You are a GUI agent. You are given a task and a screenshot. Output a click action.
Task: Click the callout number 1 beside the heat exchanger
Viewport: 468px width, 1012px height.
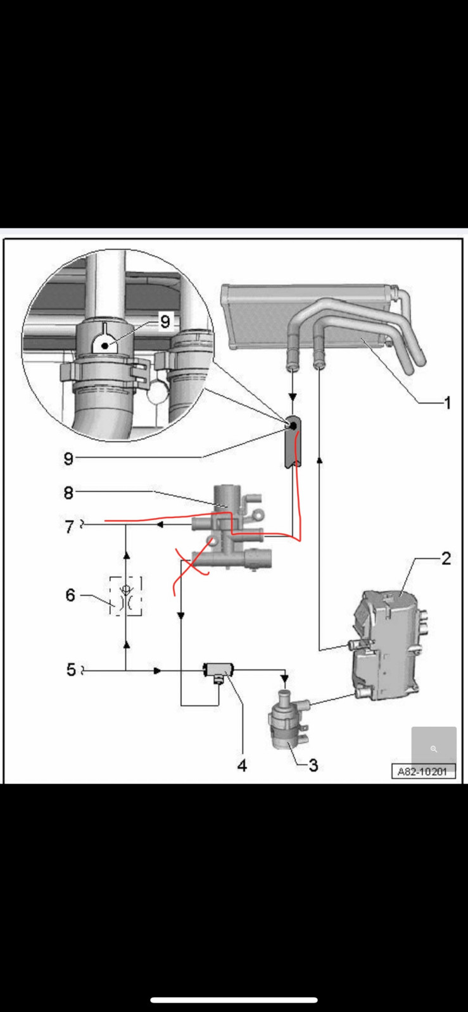[447, 402]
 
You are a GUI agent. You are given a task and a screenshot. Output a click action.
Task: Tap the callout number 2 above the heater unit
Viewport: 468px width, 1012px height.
[446, 558]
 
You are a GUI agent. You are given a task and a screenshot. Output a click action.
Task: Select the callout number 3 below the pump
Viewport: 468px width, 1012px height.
[313, 765]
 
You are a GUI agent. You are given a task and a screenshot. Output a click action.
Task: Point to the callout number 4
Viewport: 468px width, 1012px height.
[242, 765]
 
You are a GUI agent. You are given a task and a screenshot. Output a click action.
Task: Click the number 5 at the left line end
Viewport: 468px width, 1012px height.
[71, 670]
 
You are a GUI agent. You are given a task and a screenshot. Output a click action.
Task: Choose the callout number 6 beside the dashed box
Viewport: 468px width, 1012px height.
[70, 595]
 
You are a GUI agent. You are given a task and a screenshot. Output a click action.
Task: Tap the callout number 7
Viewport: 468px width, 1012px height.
[69, 527]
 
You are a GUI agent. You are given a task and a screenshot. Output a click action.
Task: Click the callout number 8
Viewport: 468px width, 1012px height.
[68, 493]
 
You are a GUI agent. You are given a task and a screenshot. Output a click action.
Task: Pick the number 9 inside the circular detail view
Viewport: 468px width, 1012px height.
[165, 322]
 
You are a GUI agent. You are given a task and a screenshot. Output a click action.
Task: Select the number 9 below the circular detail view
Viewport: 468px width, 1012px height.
[68, 459]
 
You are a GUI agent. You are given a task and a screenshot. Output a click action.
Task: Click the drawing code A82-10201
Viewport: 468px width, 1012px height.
[422, 772]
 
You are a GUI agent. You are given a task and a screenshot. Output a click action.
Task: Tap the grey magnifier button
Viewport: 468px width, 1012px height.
[434, 749]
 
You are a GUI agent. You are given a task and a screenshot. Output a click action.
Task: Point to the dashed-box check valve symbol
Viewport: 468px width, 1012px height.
[125, 596]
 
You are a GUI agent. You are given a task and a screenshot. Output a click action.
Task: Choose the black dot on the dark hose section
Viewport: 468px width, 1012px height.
[293, 426]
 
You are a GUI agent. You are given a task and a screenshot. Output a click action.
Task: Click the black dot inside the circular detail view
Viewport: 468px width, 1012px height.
[105, 345]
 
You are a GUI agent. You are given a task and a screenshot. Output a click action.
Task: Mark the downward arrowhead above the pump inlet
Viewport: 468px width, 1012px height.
[285, 679]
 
